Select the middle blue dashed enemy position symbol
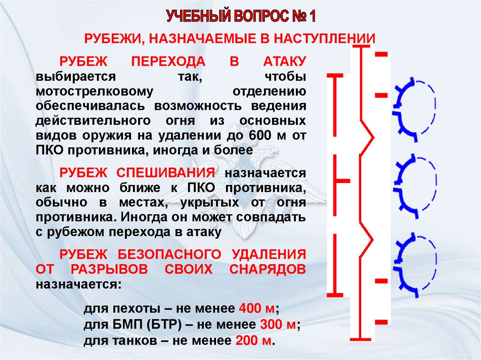tap(416, 186)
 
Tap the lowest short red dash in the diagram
tap(381, 322)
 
